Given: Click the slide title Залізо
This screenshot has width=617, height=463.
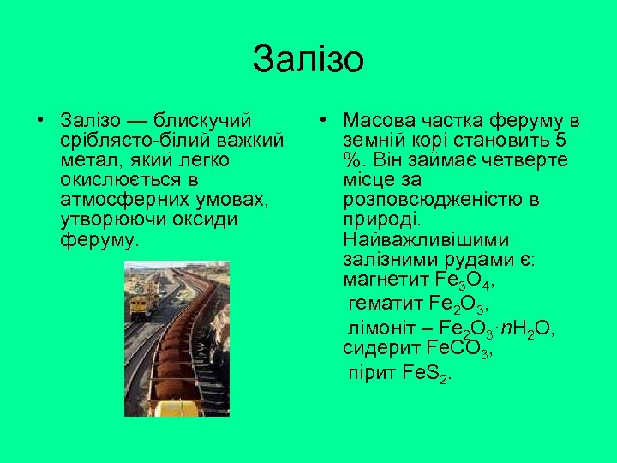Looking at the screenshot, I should coord(308,60).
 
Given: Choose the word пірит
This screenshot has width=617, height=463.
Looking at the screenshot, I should coord(371,373).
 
